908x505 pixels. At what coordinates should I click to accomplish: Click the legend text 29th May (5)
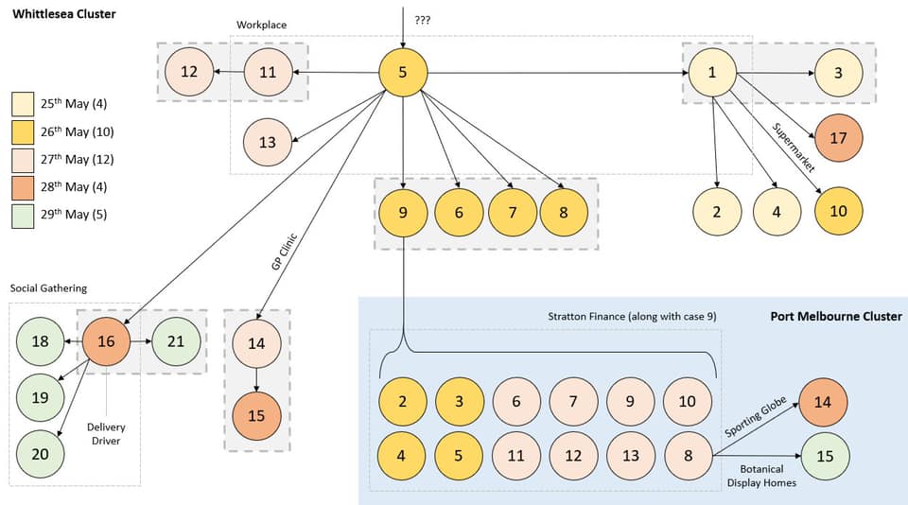[x=74, y=214]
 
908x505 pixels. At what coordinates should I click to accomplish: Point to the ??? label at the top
[x=422, y=19]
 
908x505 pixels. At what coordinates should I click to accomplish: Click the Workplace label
[x=261, y=25]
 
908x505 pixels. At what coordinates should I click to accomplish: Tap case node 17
[x=838, y=137]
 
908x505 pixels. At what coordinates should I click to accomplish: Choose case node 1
[x=712, y=72]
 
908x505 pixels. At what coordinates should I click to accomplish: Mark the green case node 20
[x=40, y=454]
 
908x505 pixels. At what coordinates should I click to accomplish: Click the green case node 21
[x=175, y=340]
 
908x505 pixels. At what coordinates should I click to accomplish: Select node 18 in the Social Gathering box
[x=40, y=340]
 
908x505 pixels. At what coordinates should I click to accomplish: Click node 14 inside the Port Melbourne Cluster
[x=823, y=401]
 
